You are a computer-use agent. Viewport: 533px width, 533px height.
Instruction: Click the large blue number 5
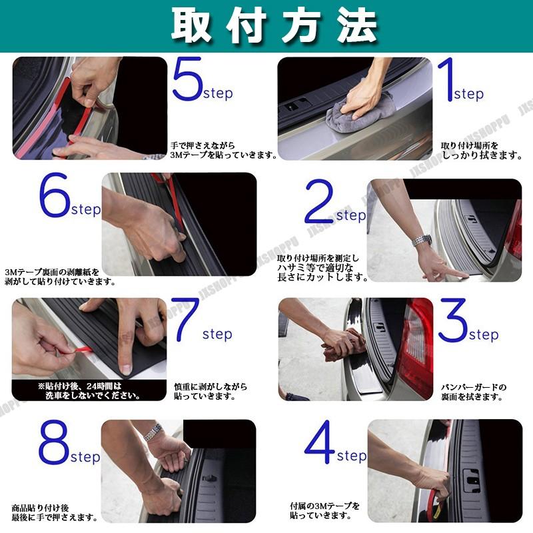[188, 79]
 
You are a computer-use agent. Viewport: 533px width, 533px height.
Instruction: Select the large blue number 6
[55, 195]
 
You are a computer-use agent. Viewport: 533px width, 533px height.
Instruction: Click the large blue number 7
[185, 320]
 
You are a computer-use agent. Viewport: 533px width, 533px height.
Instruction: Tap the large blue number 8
[55, 442]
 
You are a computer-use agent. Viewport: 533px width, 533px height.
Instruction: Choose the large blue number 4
[320, 442]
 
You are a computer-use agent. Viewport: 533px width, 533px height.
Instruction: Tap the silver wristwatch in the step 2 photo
[422, 241]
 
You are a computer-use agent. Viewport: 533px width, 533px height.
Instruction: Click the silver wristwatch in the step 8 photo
[153, 432]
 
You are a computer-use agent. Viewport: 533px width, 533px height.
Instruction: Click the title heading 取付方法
[274, 25]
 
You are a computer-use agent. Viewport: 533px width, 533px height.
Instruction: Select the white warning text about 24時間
[89, 391]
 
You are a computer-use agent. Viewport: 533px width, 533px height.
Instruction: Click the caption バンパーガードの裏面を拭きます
[474, 392]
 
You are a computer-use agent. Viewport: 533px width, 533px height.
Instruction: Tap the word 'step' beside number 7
[217, 334]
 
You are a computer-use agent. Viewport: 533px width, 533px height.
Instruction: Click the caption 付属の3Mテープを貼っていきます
[324, 510]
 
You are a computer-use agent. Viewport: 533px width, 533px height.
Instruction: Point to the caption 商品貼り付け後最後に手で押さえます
[55, 513]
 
